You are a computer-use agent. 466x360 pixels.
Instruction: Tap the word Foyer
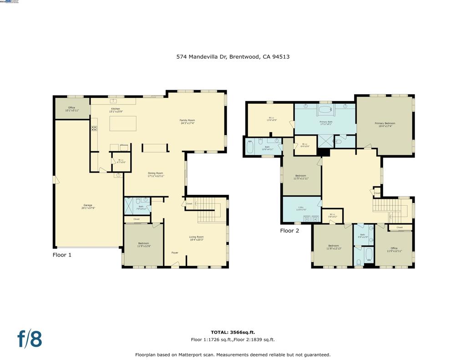point(175,253)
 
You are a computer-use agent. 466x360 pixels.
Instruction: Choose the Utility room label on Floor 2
point(301,209)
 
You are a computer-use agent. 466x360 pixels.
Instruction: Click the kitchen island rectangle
point(122,123)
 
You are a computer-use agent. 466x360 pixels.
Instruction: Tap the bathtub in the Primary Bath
point(325,110)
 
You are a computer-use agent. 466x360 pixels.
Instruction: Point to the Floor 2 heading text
point(289,231)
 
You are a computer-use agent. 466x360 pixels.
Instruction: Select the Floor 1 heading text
point(62,255)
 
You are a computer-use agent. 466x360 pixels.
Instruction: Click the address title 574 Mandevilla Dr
point(233,57)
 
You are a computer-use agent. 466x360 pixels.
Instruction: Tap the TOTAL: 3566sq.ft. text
point(233,332)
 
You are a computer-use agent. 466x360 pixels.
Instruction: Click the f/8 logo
point(30,339)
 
